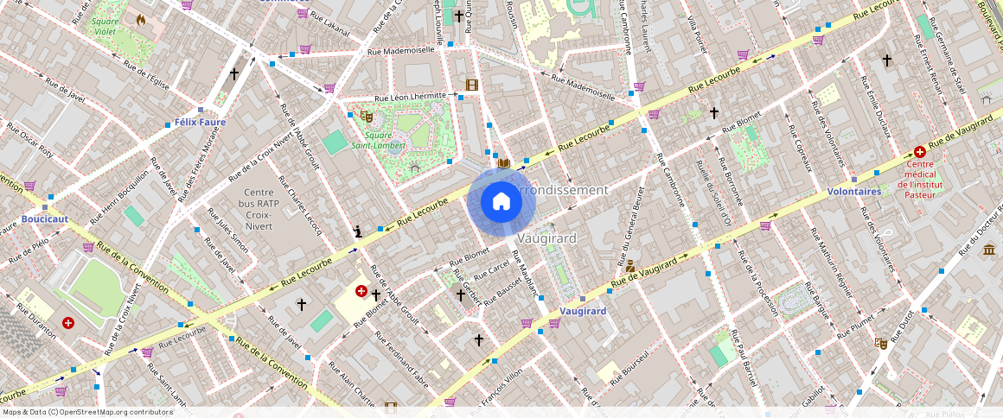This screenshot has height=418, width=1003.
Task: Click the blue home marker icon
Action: pos(501,202)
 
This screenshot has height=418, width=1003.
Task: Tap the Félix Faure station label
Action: pos(200,123)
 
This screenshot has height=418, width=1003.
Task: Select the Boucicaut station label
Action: pos(45,219)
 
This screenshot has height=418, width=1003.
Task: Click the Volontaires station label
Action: pos(853,191)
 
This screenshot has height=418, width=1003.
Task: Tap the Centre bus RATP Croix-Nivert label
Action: pos(258,209)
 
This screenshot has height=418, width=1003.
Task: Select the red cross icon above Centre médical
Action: pos(919,151)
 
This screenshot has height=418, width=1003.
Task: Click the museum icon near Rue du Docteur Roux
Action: pos(988,250)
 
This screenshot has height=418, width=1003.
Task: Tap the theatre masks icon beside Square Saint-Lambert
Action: pos(367,115)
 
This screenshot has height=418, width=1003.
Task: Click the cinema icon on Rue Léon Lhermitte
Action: pos(471,85)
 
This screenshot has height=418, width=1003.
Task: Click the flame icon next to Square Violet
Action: pos(141,19)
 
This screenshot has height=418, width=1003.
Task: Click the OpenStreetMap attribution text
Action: pos(87,412)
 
